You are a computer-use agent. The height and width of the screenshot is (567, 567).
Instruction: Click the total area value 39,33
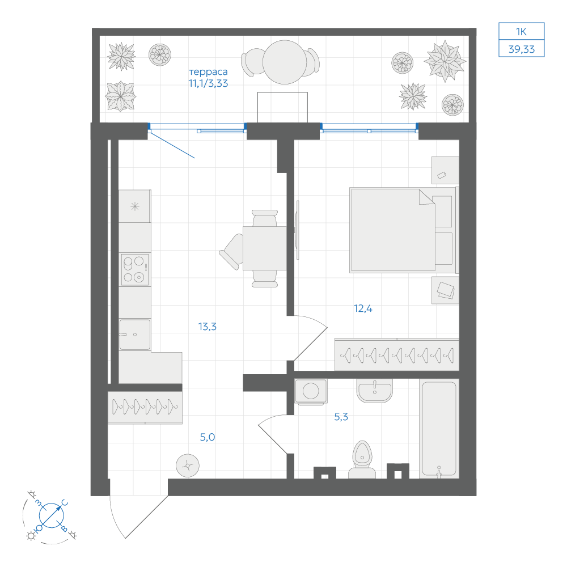[522, 49]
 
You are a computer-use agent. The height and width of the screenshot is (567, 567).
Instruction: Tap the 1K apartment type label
[521, 32]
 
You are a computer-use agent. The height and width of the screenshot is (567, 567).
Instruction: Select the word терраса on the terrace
[208, 71]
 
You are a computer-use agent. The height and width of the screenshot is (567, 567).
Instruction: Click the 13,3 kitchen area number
[207, 327]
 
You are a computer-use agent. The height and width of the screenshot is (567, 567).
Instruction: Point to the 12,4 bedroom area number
[363, 308]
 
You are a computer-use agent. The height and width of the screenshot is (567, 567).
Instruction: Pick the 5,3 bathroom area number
[341, 417]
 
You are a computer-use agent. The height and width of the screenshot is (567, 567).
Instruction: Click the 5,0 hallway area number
[207, 437]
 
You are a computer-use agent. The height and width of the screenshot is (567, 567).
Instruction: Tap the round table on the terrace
[285, 62]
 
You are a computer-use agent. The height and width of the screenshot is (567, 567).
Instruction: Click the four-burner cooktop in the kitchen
[135, 269]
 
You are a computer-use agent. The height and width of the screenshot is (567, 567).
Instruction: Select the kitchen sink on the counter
[134, 335]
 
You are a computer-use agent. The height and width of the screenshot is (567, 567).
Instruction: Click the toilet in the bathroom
[362, 459]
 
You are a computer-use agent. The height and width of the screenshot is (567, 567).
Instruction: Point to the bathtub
[439, 429]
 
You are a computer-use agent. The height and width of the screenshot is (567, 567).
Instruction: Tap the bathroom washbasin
[375, 391]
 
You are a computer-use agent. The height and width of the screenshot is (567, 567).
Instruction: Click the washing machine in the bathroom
[311, 391]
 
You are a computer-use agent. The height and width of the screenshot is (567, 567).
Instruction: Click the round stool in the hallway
[188, 466]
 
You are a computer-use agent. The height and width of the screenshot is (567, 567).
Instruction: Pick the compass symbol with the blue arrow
[52, 515]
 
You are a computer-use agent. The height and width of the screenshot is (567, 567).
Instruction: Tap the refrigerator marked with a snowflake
[135, 206]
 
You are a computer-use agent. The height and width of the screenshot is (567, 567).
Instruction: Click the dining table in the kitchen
[265, 248]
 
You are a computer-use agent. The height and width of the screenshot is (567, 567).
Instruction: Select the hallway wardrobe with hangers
[145, 407]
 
